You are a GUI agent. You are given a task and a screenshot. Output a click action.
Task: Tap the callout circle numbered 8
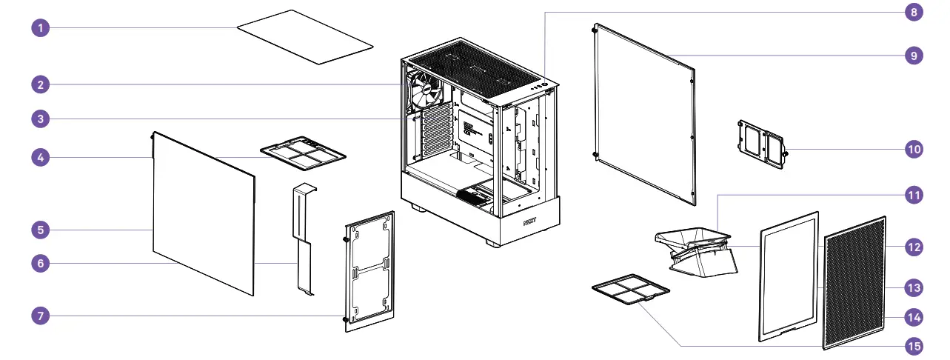tap(913, 12)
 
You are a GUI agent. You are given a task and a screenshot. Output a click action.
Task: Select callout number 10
tap(913, 149)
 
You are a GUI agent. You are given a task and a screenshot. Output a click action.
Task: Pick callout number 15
tap(913, 346)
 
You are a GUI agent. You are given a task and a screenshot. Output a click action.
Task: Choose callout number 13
tap(913, 286)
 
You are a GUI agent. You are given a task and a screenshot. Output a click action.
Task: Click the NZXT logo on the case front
tap(529, 220)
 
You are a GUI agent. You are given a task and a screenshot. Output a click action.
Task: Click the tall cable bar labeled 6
tap(302, 237)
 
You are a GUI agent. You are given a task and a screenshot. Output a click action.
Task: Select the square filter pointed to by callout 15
tap(630, 289)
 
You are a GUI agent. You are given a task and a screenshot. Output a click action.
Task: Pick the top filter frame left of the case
tap(304, 151)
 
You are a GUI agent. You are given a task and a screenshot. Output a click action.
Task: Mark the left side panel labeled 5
tap(204, 215)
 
